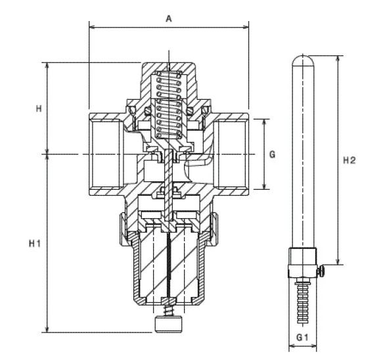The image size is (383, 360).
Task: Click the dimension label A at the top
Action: point(169,19)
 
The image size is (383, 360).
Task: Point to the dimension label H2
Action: point(349,160)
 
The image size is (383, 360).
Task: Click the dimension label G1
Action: point(302,336)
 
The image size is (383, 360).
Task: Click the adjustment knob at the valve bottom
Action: point(169,325)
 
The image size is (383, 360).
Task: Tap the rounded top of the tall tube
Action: point(302,62)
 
